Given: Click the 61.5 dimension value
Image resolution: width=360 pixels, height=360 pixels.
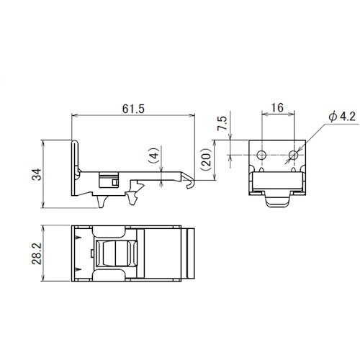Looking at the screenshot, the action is [x=133, y=109].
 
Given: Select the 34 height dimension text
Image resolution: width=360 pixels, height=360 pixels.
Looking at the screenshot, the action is [x=37, y=174].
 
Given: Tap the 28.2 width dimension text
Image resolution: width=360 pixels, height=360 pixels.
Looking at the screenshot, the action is [x=37, y=253].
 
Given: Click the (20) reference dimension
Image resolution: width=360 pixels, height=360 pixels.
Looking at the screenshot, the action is [x=207, y=159].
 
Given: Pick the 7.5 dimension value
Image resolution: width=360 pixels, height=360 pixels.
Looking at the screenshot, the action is [x=222, y=123].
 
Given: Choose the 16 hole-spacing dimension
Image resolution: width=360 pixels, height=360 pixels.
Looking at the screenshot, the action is [x=277, y=108].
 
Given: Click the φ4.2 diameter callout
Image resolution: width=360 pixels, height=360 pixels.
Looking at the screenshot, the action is [x=342, y=117].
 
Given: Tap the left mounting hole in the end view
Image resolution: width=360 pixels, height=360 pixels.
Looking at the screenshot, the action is [x=261, y=155].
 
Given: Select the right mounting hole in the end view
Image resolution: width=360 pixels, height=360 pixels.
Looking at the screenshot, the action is [x=294, y=155].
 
